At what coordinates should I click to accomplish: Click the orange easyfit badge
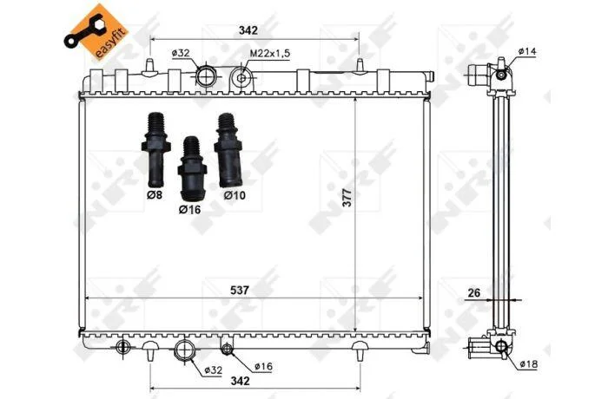tap(96, 33)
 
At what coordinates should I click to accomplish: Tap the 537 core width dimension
tap(239, 290)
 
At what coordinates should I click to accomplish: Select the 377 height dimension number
tap(347, 197)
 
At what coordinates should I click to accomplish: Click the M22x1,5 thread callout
tap(269, 54)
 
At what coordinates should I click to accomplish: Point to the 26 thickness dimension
tap(474, 293)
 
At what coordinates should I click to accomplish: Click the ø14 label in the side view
tap(527, 51)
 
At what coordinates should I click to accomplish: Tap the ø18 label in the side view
tap(528, 363)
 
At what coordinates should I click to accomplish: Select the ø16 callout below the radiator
tap(264, 366)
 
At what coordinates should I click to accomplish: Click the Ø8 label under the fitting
tap(155, 195)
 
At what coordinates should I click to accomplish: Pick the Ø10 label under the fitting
tap(235, 195)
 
